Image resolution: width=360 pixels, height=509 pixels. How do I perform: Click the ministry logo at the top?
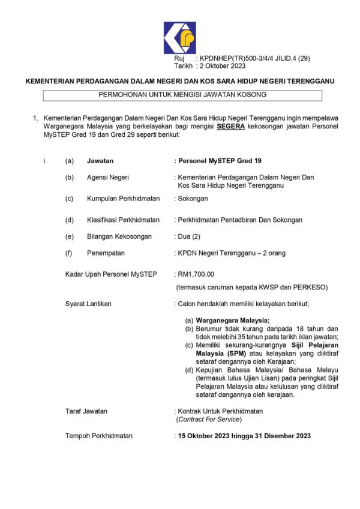(179, 38)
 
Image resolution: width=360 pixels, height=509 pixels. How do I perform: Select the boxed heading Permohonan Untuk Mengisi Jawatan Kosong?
(182, 95)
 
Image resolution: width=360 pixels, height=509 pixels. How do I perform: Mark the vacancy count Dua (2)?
(191, 236)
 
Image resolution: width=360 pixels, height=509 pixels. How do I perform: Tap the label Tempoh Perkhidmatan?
(98, 436)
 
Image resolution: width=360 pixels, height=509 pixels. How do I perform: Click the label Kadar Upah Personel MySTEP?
(111, 274)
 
